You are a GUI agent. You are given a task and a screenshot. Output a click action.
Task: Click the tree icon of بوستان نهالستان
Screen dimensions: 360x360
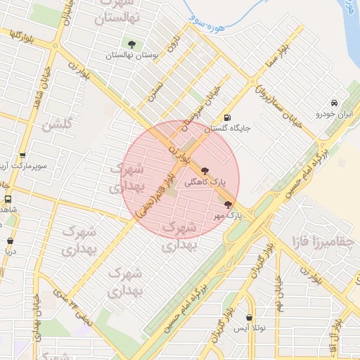point(130,44)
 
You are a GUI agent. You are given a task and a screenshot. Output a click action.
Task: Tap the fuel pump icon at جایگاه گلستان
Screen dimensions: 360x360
point(226,117)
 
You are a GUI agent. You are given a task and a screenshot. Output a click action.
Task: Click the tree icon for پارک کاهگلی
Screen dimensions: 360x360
point(205,170)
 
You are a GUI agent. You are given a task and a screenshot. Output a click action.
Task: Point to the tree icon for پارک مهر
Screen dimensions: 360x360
point(227,205)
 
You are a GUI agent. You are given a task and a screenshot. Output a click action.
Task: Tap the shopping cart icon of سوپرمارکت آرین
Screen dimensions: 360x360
point(22,156)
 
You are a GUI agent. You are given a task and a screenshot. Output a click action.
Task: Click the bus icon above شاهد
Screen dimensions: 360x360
point(8,199)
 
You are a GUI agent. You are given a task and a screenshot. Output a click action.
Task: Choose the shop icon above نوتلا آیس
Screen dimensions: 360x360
point(250,317)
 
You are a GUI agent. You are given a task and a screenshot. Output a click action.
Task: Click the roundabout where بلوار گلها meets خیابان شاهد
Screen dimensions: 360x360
point(55,46)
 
